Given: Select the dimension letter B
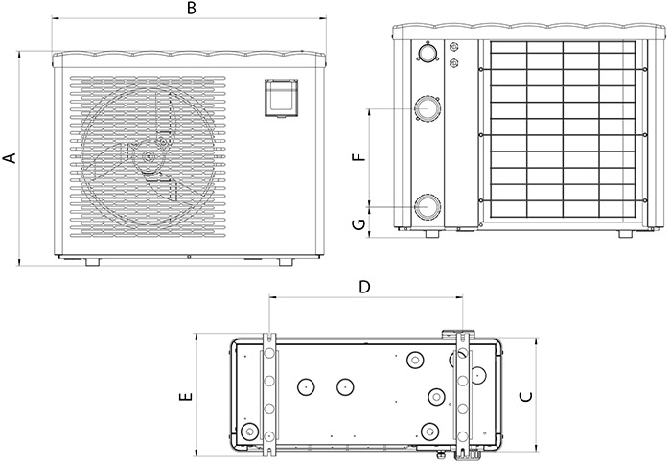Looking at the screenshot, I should pos(192,10).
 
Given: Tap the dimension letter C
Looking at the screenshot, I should pos(524,395).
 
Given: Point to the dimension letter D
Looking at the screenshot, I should pos(364,286).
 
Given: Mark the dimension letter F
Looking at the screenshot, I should pos(359,158).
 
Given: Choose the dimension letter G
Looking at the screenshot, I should pos(359,224).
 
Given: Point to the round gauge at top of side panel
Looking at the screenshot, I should pos(425,53).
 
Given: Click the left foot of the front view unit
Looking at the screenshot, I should pos(92,261).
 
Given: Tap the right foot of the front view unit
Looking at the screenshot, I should pos(286,261).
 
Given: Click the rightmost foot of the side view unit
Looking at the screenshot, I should pos(624,233).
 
